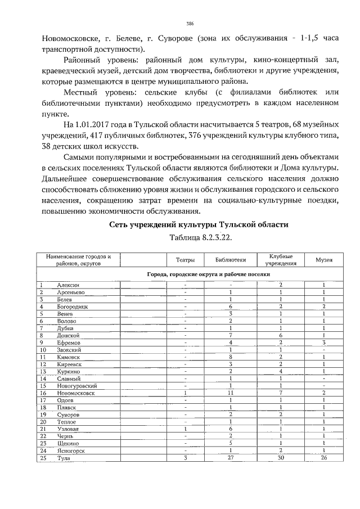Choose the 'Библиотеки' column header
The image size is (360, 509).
[x=231, y=260]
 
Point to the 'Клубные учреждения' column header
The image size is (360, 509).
[x=281, y=260]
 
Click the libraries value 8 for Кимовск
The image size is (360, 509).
[x=231, y=357]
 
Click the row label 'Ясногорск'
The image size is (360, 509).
[x=71, y=451]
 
